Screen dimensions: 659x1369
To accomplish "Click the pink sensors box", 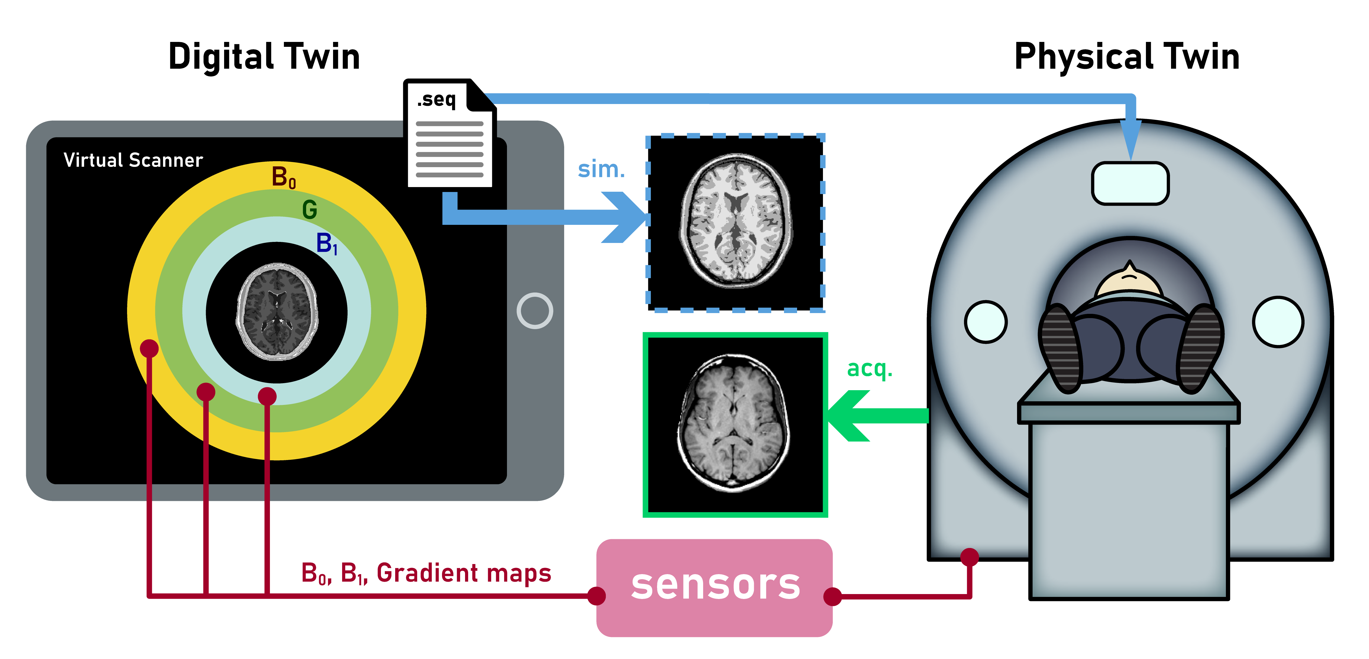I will pos(714,587).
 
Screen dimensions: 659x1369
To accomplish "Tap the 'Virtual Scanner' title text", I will pos(133,160).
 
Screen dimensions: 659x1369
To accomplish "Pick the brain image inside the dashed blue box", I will pos(735,221).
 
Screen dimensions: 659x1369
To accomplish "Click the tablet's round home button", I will pos(535,311).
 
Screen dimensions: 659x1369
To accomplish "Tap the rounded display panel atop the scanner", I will pos(1130,183).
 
